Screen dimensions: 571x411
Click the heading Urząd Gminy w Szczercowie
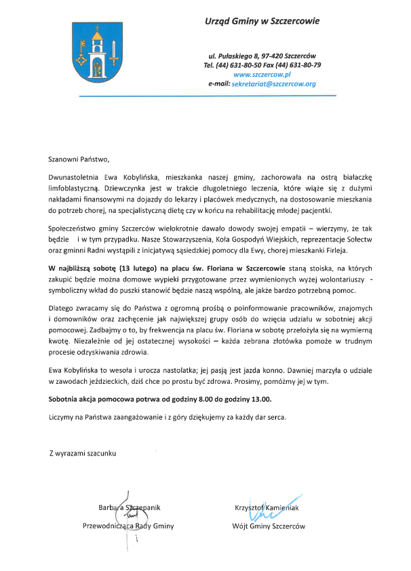coord(262,22)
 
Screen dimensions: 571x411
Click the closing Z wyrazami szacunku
coord(82,452)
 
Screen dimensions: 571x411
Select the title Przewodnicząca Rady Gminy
coord(128,526)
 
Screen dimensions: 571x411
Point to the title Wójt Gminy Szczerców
coord(269,526)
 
